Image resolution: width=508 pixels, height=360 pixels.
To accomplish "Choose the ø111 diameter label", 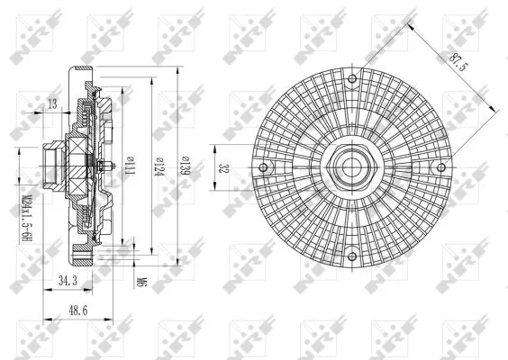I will [x=132, y=166].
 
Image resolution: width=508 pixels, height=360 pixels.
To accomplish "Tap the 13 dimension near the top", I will [x=51, y=104].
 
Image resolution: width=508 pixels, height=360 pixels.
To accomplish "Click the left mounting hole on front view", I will [x=263, y=167].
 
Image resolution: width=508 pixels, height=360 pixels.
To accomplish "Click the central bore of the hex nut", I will [x=351, y=167].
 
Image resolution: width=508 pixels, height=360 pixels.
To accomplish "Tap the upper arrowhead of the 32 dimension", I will [x=217, y=146].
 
